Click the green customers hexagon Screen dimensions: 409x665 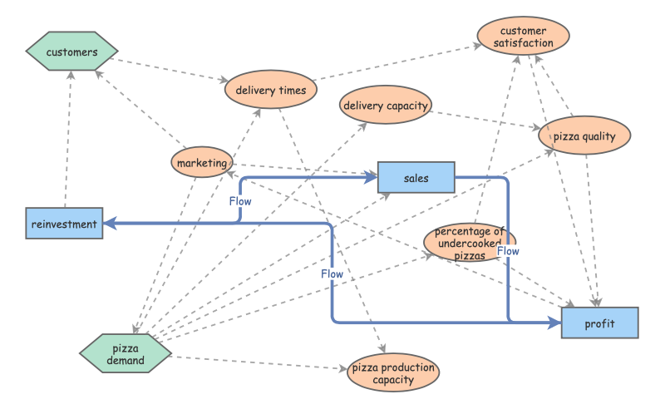pos(71,52)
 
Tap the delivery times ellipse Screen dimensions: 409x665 pos(270,90)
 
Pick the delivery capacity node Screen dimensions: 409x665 pos(386,106)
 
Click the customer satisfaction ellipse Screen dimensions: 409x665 pos(523,37)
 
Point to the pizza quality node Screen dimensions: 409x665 pos(590,136)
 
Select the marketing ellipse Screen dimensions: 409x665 pos(201,163)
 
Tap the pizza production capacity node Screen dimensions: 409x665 pos(392,373)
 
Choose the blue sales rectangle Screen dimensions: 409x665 pos(416,178)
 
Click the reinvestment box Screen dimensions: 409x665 pos(65,224)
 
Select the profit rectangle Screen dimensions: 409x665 pos(599,323)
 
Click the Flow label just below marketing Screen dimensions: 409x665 pos(239,200)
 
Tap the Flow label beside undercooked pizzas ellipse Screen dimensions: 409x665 pos(508,250)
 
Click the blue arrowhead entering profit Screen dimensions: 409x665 pos(555,322)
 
